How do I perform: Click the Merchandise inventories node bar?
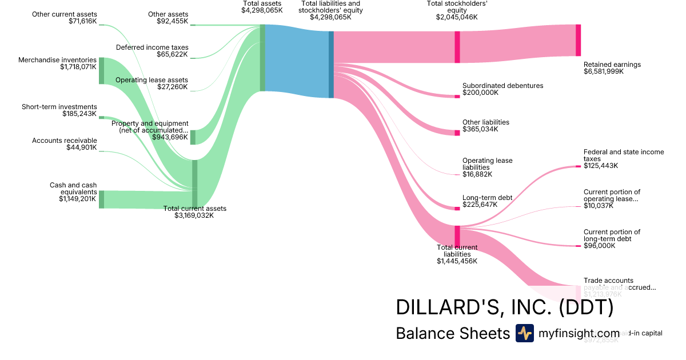pos(101,71)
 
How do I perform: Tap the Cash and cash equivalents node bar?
pos(101,199)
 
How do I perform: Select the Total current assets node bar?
pos(194,183)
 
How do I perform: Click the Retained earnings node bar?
pos(578,40)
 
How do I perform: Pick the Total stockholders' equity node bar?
pos(457,47)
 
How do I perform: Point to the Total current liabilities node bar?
pos(457,236)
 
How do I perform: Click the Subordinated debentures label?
pos(502,86)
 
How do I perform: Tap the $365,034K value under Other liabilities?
pos(480,129)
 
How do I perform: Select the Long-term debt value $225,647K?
pos(480,205)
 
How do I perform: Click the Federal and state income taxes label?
pos(624,155)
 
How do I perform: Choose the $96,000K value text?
pos(599,246)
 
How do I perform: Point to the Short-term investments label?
pos(59,107)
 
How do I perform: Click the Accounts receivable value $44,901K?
pos(82,147)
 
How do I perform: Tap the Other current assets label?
pos(65,14)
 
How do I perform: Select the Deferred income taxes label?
pos(152,47)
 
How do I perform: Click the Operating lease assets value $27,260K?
pos(172,87)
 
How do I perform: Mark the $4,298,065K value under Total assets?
pos(262,10)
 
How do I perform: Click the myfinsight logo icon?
pos(524,333)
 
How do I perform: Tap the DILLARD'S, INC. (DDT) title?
pos(504,307)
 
